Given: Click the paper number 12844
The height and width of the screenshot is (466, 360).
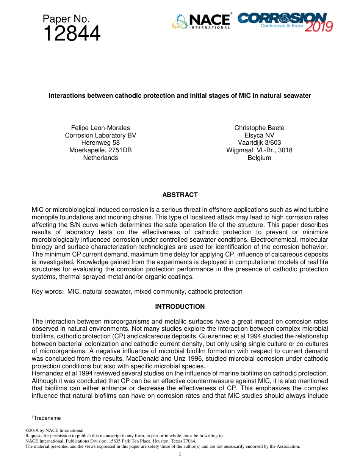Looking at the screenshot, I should point(72,34).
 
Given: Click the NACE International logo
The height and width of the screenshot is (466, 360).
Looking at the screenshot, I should point(202,22).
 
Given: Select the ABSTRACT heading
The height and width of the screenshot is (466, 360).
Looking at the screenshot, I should point(180,195).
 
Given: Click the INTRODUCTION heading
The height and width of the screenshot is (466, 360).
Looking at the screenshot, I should point(180,306).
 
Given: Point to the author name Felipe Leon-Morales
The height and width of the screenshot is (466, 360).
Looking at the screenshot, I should point(100,128).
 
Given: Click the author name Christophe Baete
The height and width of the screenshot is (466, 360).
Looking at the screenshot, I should point(259,128).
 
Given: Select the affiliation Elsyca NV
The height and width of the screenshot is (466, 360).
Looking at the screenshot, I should point(259,135).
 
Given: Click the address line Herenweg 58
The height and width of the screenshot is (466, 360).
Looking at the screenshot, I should point(100,142).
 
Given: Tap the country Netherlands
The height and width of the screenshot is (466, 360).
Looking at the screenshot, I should point(100,158).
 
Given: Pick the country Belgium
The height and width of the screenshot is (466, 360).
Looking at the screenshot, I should point(259,158).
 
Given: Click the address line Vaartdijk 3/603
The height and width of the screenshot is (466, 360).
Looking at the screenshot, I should point(259,142).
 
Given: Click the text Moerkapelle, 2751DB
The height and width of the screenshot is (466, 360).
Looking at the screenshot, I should point(100,150).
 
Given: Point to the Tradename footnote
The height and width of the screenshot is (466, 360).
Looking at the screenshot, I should point(47,418).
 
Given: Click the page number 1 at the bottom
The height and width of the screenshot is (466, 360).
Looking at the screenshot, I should point(180,454).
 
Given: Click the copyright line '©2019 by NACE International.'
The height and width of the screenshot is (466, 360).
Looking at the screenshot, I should point(55,430).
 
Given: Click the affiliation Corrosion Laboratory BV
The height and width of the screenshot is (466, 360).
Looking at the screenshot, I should point(100,135).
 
